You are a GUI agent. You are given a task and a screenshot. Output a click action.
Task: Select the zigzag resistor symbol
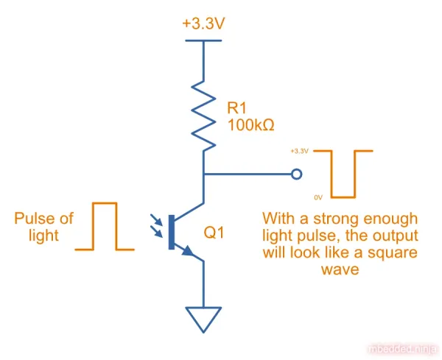pos(203,110)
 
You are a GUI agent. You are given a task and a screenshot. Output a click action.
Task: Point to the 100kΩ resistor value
pos(250,125)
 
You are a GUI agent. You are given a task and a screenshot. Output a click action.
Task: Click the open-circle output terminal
pos(296,174)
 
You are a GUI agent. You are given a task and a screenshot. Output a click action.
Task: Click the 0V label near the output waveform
pos(318,197)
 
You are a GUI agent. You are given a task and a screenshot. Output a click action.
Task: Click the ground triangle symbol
pos(203,318)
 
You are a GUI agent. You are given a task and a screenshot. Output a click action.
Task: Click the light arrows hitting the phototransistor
pos(158,225)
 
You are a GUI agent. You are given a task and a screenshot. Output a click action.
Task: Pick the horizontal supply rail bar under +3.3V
pos(203,41)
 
